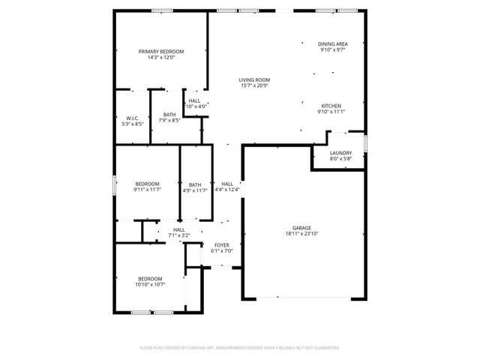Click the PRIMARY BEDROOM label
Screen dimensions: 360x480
tap(161, 51)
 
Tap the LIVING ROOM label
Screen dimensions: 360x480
tap(254, 79)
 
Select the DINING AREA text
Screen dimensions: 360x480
tap(331, 44)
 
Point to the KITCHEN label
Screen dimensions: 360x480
tap(331, 106)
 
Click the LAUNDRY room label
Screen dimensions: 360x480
tap(340, 153)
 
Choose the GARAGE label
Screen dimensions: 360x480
tap(301, 227)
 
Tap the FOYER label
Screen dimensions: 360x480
tap(221, 244)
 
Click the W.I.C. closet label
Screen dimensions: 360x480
tap(132, 118)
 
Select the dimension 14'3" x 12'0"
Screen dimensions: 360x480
tap(161, 57)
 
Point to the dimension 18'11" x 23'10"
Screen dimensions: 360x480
tap(301, 233)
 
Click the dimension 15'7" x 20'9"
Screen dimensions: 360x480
tap(254, 85)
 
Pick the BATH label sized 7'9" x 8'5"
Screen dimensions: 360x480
tap(169, 115)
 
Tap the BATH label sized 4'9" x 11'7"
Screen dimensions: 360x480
tap(195, 184)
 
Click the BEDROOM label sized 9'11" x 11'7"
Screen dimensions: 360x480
tap(147, 184)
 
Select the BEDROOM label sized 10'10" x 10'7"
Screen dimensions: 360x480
tap(150, 278)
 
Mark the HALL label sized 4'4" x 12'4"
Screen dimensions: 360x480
tap(226, 184)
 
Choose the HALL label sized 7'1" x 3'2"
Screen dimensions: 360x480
tap(179, 229)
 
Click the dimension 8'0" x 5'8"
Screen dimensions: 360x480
tap(340, 159)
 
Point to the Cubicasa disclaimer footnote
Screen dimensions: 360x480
tap(240, 348)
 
